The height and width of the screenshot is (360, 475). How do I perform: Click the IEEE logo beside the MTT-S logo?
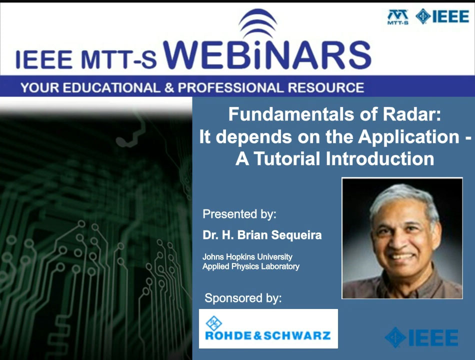(442, 16)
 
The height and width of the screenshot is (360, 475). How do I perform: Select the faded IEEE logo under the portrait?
(421, 337)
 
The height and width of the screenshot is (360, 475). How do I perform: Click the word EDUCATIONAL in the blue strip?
(111, 87)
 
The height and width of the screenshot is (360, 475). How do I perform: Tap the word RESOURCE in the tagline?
(325, 87)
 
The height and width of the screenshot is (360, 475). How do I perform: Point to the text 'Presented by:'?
(239, 214)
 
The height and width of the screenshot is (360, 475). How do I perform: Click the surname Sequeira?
(296, 235)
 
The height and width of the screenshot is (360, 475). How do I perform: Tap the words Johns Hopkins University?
(247, 257)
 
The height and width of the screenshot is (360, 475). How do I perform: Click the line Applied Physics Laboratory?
(251, 266)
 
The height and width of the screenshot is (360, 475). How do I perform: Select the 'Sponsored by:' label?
(243, 298)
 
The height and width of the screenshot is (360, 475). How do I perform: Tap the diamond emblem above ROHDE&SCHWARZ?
(213, 323)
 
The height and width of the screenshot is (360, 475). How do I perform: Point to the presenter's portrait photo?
(402, 238)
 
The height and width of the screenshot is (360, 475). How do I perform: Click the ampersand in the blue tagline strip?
(169, 88)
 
